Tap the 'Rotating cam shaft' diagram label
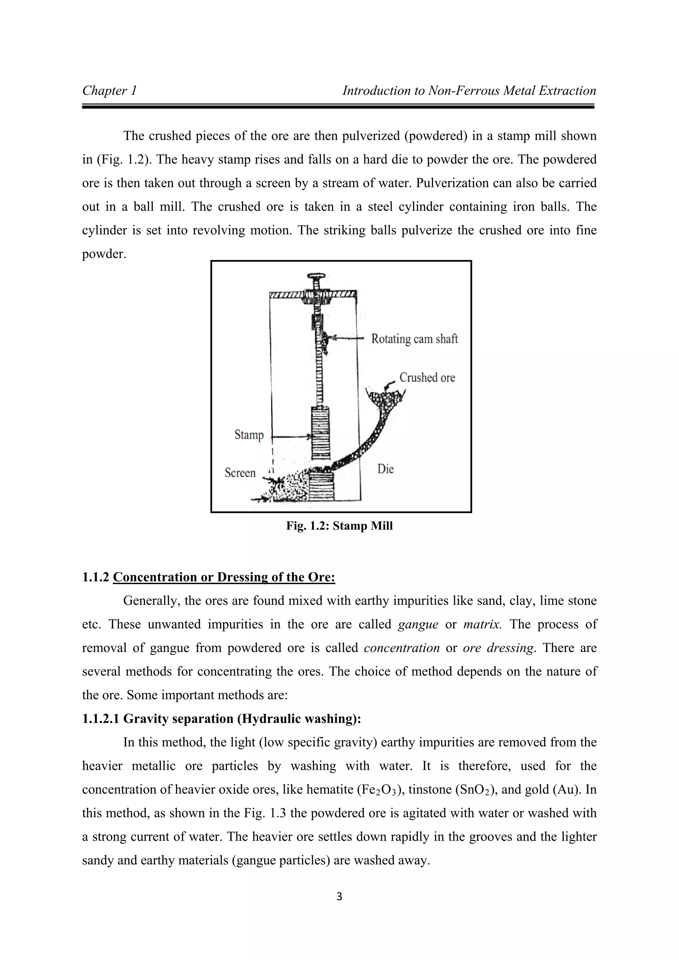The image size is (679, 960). pyautogui.click(x=414, y=339)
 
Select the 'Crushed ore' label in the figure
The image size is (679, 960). pyautogui.click(x=427, y=378)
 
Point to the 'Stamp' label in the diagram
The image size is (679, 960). pyautogui.click(x=249, y=435)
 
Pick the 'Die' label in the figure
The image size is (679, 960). pyautogui.click(x=386, y=469)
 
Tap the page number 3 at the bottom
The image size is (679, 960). pyautogui.click(x=339, y=896)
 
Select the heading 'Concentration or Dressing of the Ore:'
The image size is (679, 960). pyautogui.click(x=224, y=577)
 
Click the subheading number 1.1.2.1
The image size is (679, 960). pyautogui.click(x=100, y=719)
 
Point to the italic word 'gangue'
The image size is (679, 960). pyautogui.click(x=418, y=625)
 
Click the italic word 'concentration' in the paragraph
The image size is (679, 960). pyautogui.click(x=401, y=648)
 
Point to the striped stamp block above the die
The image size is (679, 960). pyautogui.click(x=320, y=433)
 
